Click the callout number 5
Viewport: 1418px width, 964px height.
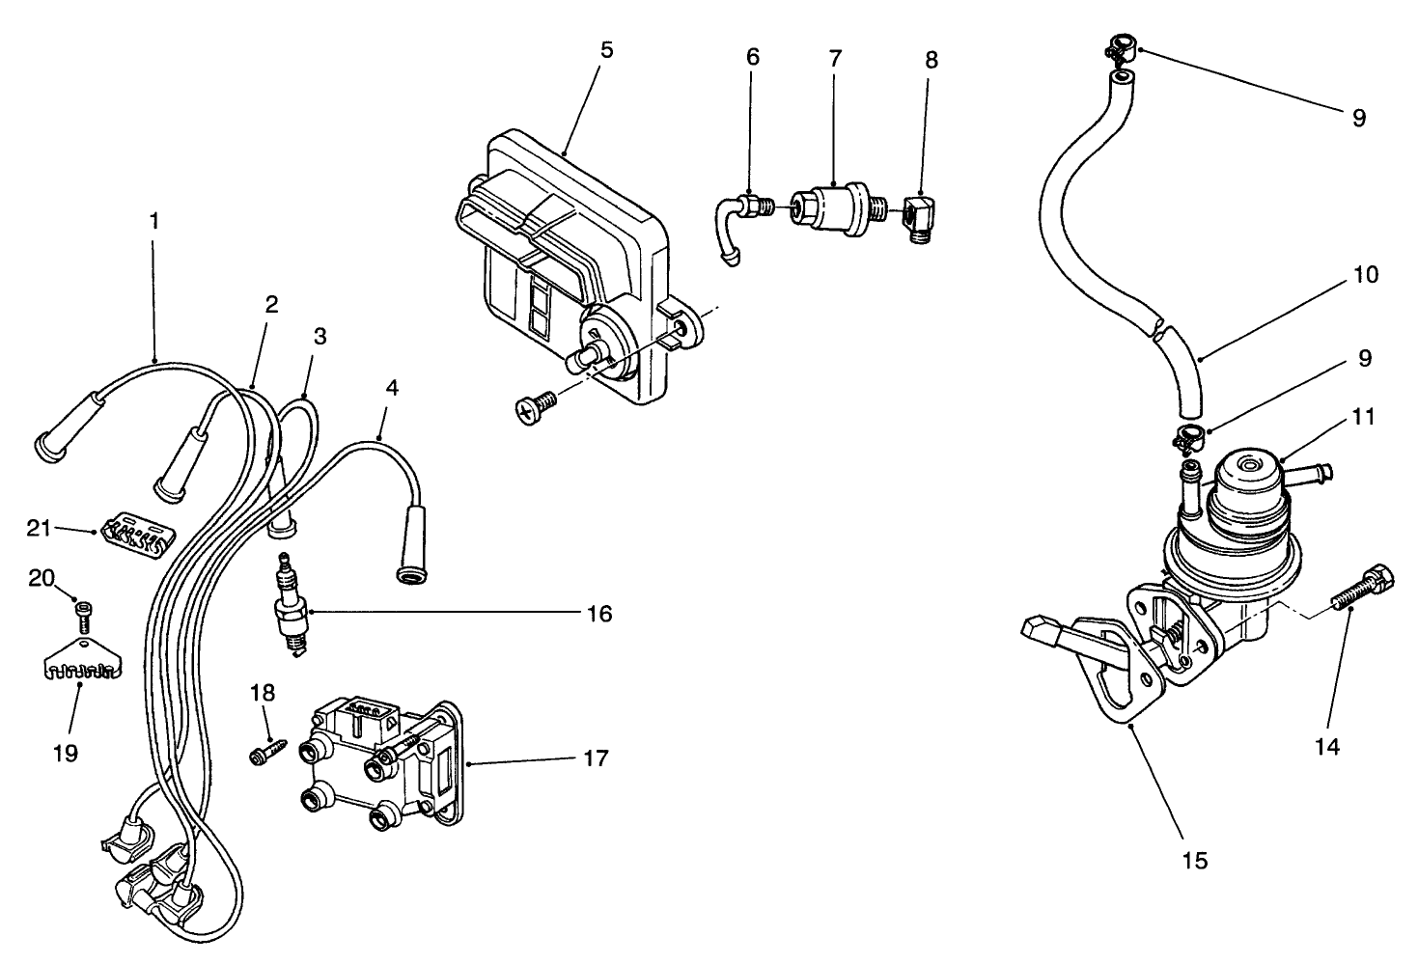606,50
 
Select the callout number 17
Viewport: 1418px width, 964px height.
597,759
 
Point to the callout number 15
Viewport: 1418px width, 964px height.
1194,859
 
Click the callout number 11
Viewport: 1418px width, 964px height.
1363,417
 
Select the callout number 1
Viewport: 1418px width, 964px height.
153,220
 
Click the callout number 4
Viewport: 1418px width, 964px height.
390,388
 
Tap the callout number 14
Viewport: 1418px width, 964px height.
1327,746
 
